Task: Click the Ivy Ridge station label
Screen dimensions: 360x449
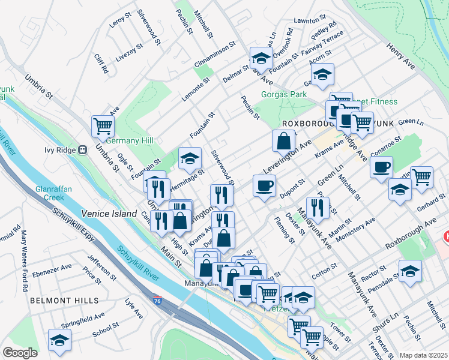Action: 62,150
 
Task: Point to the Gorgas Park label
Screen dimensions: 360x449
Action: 284,95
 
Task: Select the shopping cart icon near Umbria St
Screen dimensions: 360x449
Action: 103,126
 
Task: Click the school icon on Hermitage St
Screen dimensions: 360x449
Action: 190,158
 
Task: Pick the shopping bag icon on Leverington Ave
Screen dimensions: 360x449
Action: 283,142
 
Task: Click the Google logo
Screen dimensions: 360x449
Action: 20,352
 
